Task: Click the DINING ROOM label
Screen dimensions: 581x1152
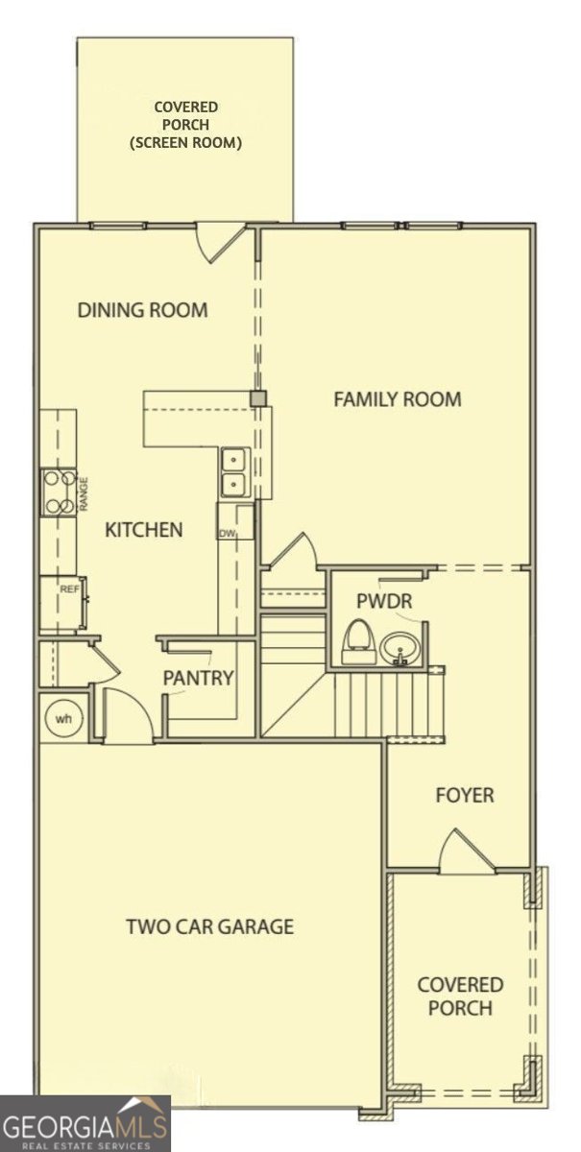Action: (142, 310)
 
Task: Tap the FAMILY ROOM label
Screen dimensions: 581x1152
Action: (398, 399)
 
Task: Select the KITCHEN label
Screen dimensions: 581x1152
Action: (144, 530)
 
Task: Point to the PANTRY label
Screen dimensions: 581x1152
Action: (198, 678)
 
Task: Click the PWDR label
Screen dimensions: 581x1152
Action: (384, 601)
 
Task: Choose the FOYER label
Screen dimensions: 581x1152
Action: (465, 795)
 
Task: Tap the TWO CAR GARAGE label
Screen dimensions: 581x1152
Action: (210, 926)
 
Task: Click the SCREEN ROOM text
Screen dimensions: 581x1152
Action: (185, 142)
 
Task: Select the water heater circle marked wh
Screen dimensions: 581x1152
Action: (63, 718)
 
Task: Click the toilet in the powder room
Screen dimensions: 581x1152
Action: (360, 641)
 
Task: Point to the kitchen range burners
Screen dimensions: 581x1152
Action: (59, 493)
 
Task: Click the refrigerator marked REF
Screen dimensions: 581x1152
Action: (63, 603)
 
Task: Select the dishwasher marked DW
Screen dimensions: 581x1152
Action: (235, 521)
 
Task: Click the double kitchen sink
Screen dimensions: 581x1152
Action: (236, 472)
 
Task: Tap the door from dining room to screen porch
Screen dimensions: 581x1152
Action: (220, 242)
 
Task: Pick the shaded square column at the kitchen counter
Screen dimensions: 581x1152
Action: (257, 398)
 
